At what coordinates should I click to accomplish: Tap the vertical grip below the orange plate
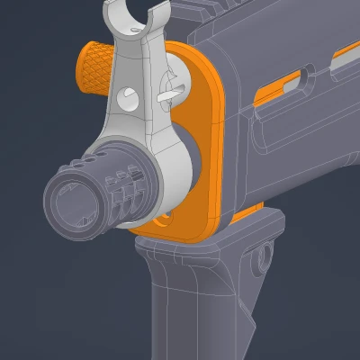(x=193, y=306)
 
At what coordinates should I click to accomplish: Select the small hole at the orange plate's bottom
(x=163, y=219)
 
